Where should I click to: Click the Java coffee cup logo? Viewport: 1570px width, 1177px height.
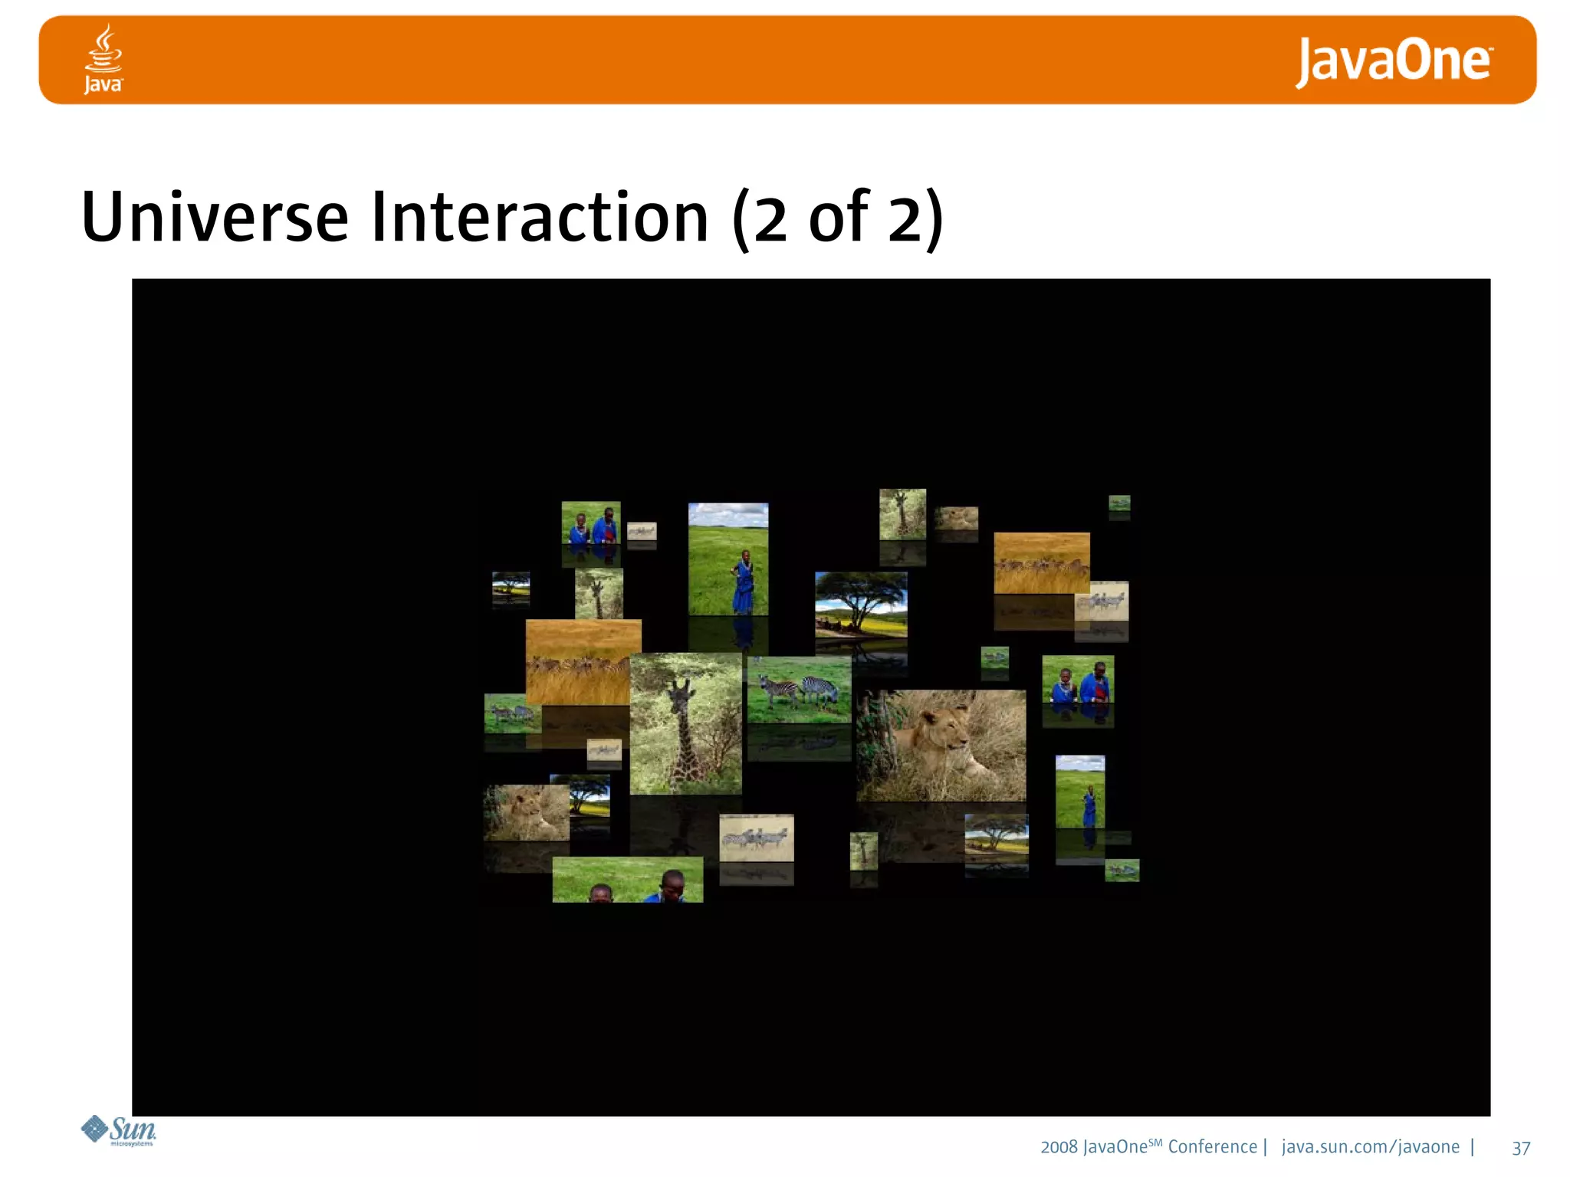pos(103,58)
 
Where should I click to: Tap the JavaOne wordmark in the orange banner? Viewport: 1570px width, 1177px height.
pos(1394,61)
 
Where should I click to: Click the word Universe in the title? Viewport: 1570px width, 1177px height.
pos(215,218)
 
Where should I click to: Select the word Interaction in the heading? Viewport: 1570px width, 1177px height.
pos(540,218)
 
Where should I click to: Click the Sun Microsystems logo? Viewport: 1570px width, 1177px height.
pos(120,1130)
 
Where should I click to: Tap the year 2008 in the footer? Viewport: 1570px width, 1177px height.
pos(1059,1147)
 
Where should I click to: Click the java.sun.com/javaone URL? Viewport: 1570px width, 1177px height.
pos(1370,1147)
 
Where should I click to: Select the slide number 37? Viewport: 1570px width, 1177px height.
pos(1521,1148)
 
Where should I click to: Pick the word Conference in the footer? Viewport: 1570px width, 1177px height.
pos(1212,1147)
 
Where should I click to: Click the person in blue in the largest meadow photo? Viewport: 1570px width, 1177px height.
pos(742,582)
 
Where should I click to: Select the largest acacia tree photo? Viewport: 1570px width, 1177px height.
pos(861,605)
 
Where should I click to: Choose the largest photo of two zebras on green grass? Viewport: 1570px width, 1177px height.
pos(799,689)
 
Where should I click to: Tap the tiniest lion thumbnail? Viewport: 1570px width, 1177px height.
pos(956,518)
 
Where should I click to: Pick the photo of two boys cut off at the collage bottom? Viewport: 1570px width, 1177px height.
pos(627,880)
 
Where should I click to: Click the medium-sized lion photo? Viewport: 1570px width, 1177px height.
pos(526,813)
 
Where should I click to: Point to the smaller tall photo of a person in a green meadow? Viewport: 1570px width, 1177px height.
pos(1080,792)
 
